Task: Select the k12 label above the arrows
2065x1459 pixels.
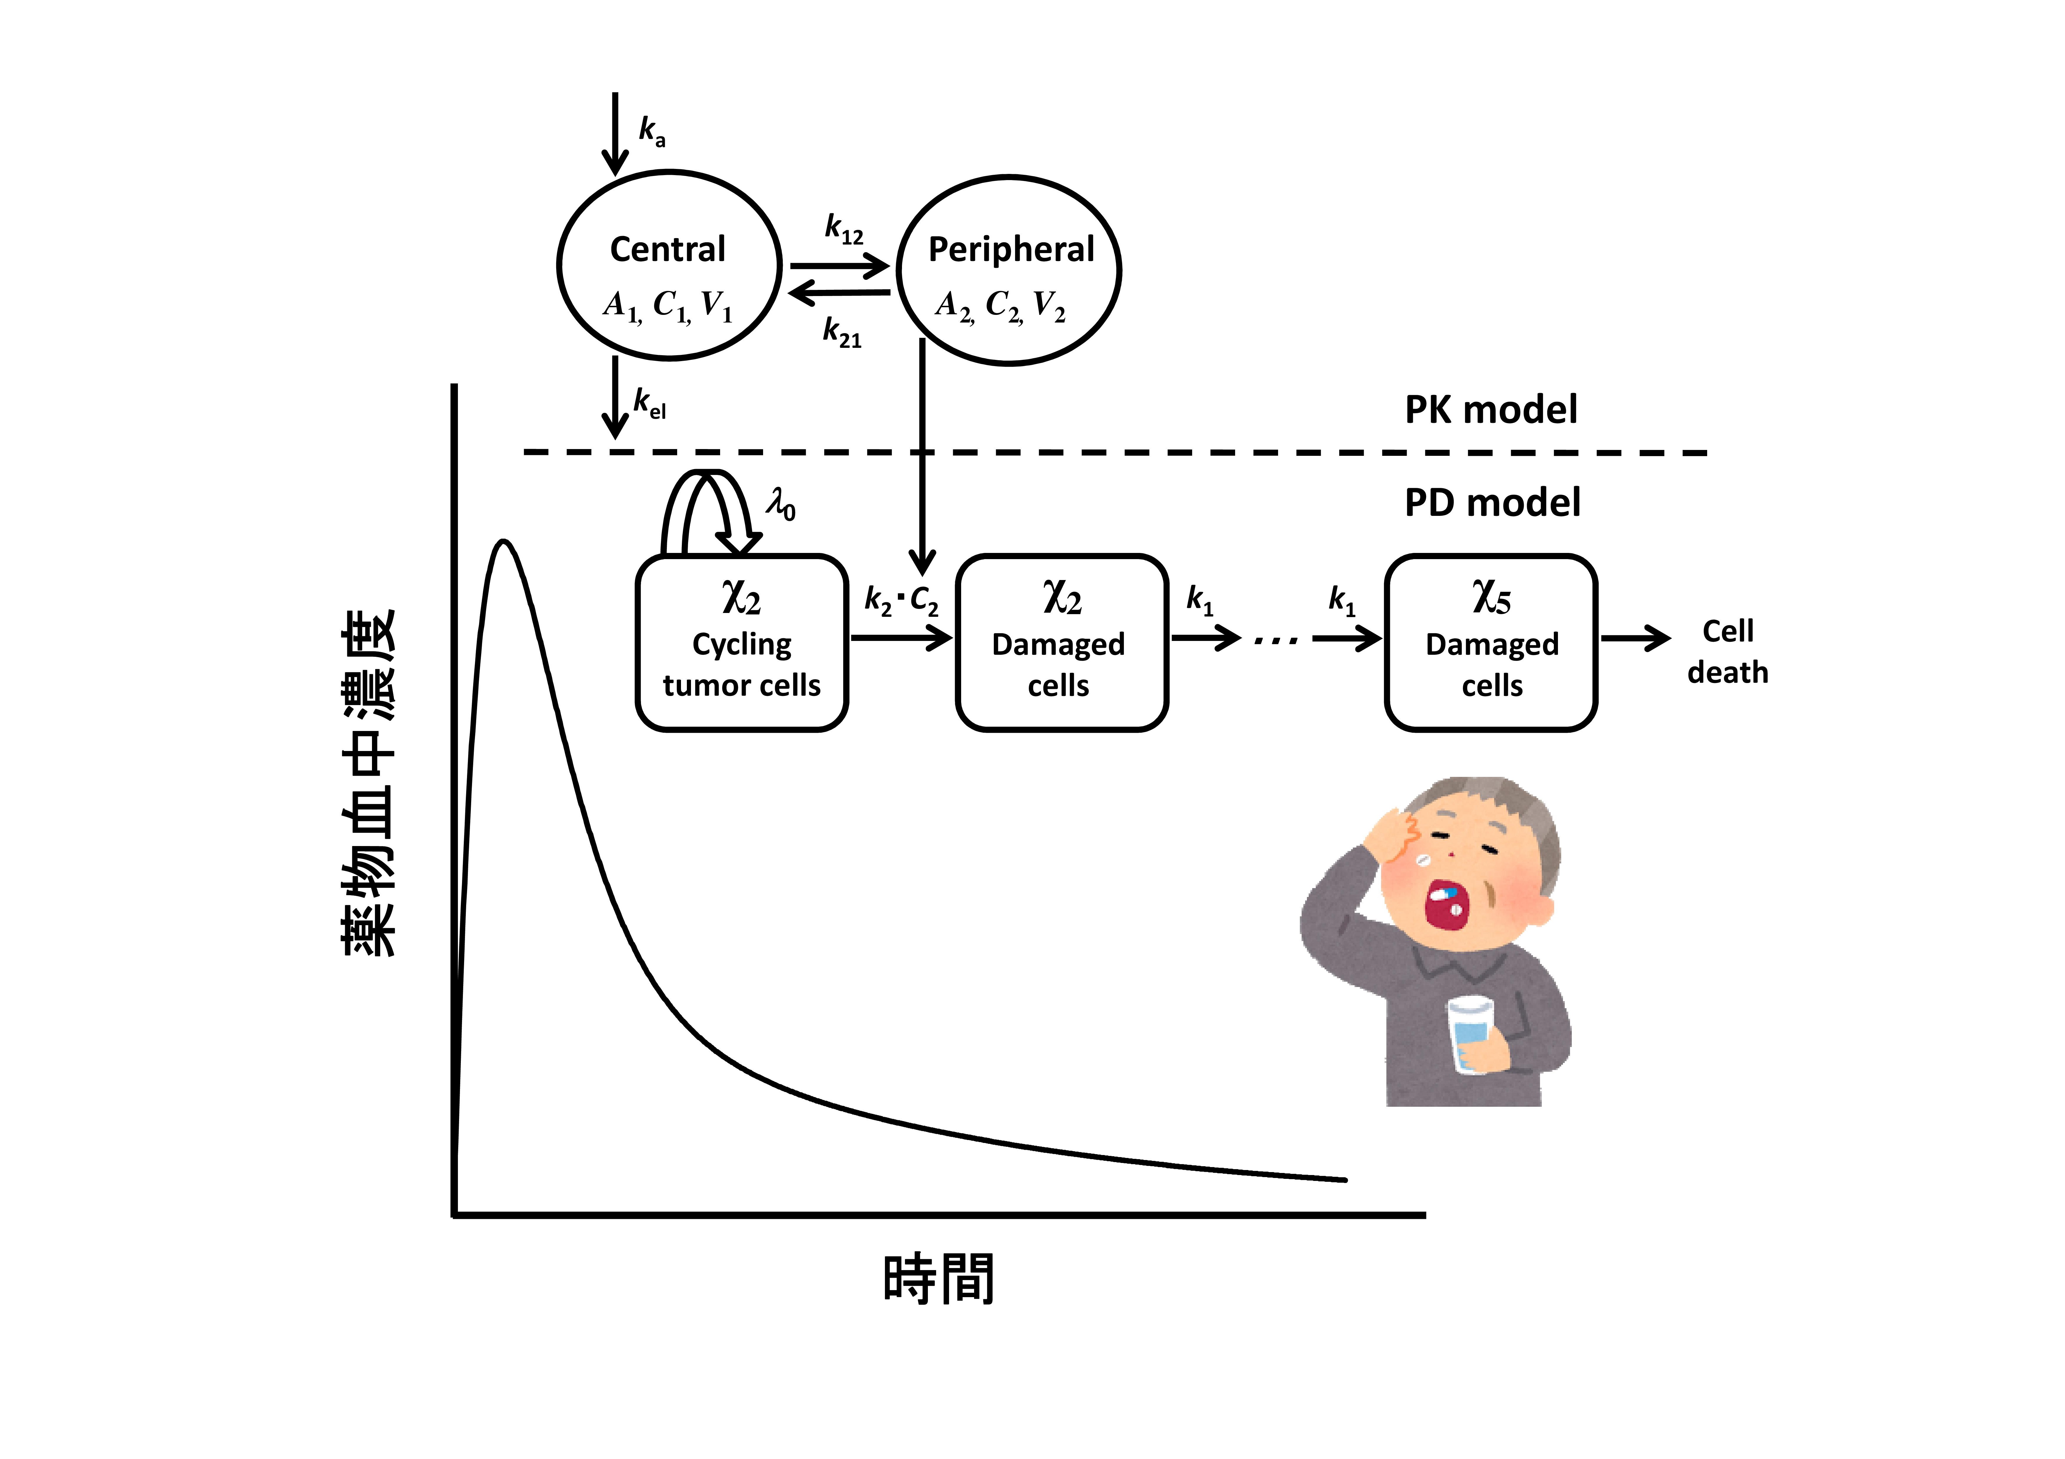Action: pos(844,229)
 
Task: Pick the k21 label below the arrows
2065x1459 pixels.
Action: pos(842,332)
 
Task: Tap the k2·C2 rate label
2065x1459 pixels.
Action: pos(901,600)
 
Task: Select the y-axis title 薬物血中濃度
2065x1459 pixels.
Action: pos(369,782)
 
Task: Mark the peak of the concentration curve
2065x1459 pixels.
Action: pos(504,541)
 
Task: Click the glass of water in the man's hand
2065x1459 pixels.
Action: pos(1470,1034)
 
